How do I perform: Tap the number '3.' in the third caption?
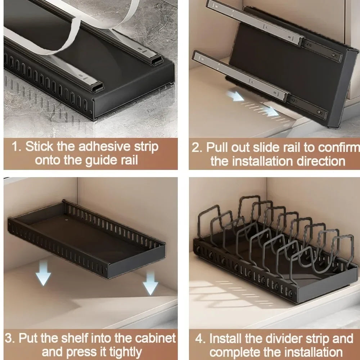click(x=10, y=338)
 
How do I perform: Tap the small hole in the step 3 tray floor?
click(x=67, y=219)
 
